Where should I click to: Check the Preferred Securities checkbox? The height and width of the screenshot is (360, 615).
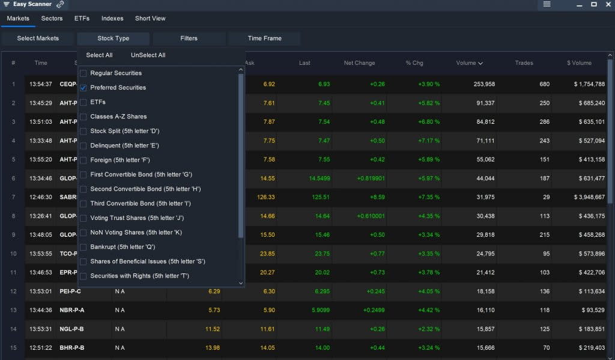click(83, 88)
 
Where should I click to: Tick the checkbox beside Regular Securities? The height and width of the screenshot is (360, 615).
click(83, 73)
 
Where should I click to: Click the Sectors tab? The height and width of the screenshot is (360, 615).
click(52, 19)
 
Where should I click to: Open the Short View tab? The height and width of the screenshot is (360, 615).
click(150, 19)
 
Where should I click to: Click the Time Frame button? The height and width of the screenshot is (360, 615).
click(264, 38)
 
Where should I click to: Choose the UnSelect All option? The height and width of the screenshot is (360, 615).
click(148, 55)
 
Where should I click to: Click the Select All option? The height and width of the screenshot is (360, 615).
click(99, 55)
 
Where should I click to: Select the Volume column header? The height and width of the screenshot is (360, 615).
click(470, 63)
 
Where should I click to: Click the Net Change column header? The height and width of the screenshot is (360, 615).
click(359, 63)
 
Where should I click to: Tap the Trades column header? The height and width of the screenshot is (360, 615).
click(524, 63)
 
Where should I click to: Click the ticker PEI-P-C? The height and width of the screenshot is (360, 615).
click(70, 291)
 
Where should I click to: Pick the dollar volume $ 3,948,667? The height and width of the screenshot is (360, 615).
click(586, 197)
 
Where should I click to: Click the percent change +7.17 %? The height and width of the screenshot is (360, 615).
click(429, 141)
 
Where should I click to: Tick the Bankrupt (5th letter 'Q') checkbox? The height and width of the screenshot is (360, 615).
click(83, 247)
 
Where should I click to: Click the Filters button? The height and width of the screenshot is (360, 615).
click(189, 38)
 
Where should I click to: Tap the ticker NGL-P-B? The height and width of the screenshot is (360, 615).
click(71, 329)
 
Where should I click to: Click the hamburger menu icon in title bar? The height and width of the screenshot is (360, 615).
click(547, 4)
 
